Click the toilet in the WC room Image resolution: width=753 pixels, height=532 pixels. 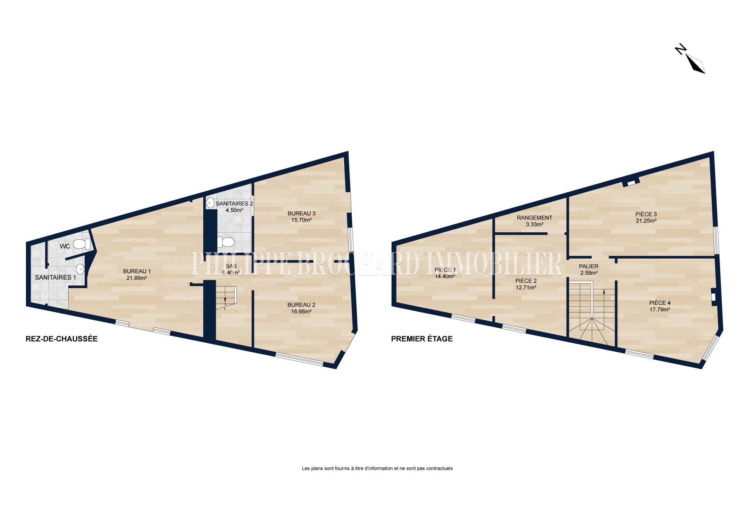pos(82,244)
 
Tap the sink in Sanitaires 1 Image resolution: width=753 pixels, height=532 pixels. pos(80,269)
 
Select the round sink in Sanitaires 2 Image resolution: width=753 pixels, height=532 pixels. pos(210,203)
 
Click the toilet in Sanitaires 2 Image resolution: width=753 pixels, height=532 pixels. pos(226,241)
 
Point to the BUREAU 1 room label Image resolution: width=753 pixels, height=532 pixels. pos(137,271)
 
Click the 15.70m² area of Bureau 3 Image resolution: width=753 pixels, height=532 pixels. pos(301,220)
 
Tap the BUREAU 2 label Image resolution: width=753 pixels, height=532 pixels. pos(301,305)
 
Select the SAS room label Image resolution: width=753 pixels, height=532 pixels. pos(231,266)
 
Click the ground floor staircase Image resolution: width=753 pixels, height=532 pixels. pos(226,298)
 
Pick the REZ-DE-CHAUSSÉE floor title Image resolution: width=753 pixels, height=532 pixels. pos(61,339)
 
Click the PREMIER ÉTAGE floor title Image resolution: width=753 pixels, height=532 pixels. pos(422,339)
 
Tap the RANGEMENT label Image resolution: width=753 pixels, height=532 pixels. pos(534,218)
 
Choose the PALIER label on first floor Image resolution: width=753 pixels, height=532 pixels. pos(588,266)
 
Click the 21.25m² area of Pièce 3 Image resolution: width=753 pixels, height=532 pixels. pos(646,221)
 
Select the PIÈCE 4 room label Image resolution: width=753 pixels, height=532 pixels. pos(660,303)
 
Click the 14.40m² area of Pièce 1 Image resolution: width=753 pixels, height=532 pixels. pos(445,276)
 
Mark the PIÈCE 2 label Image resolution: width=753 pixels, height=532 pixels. pos(526,281)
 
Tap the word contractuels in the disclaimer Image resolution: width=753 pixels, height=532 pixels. pos(439,468)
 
